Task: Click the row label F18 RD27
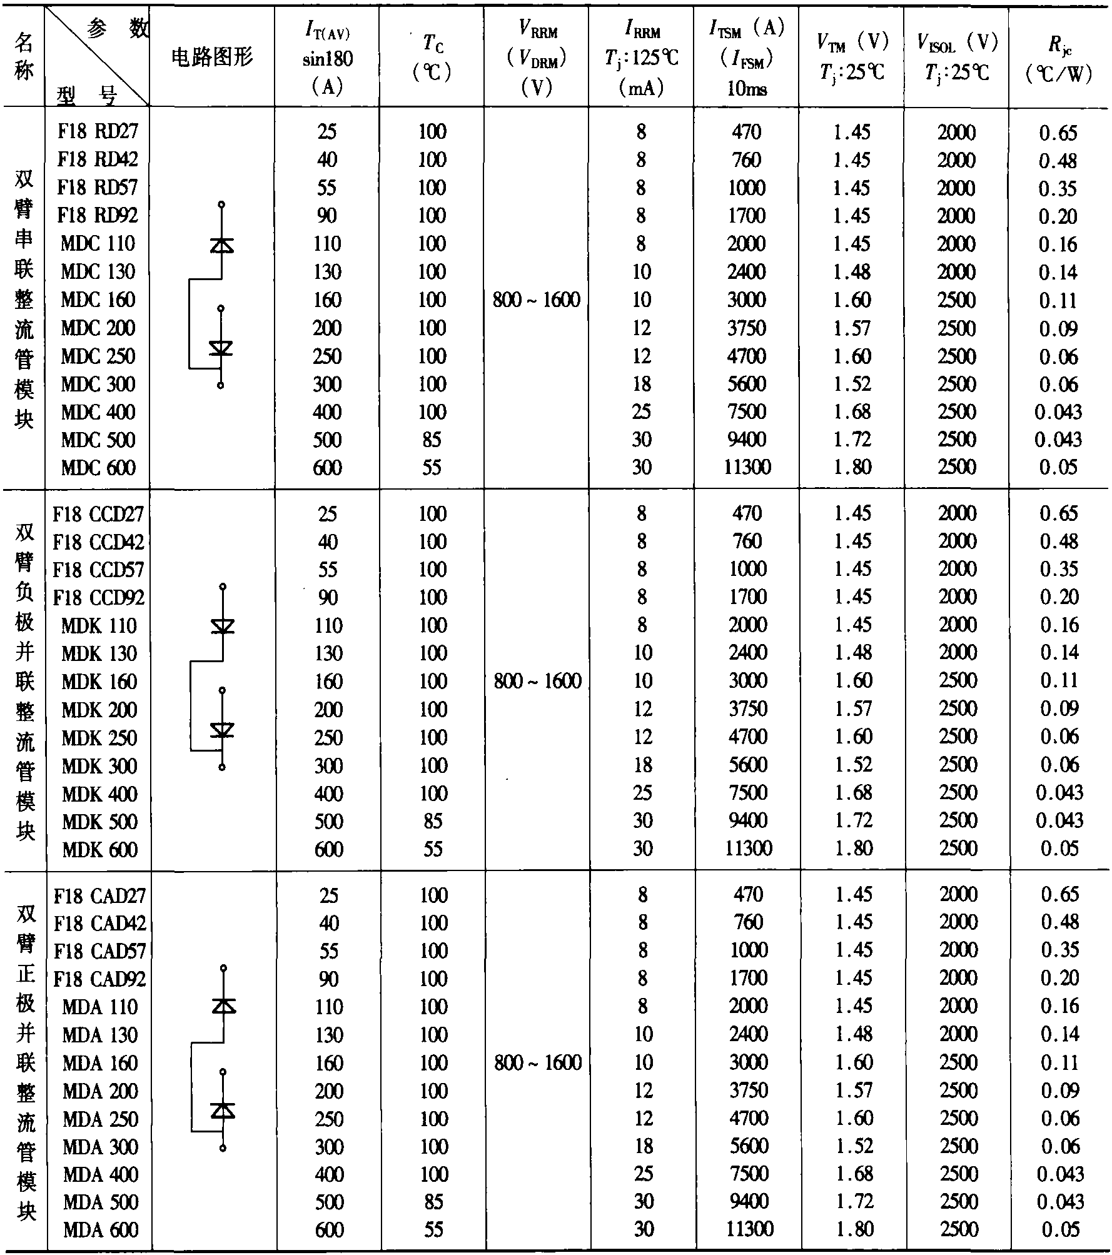[98, 131]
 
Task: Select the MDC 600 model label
[98, 468]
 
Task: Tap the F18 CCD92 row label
[99, 598]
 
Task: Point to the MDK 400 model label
[99, 794]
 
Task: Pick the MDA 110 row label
[100, 1007]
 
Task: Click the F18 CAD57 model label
[100, 951]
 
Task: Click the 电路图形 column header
[212, 58]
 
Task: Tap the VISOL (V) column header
[957, 58]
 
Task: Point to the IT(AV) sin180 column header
[327, 58]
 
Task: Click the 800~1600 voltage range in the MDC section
[537, 300]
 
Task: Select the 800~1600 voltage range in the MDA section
[538, 1062]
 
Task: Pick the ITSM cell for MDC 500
[747, 440]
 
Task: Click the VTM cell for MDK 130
[853, 653]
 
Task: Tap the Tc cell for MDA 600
[433, 1230]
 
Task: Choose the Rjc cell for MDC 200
[1059, 328]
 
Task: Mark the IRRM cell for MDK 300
[643, 765]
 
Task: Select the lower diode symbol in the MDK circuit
[222, 730]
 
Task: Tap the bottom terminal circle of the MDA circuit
[223, 1148]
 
